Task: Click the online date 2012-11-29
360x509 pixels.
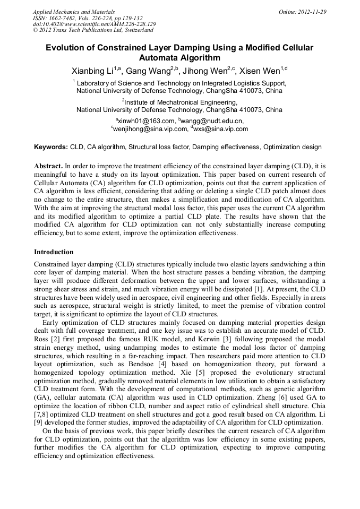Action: click(312, 12)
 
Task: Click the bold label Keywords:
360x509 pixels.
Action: click(51, 147)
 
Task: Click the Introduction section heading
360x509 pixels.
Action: click(54, 252)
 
